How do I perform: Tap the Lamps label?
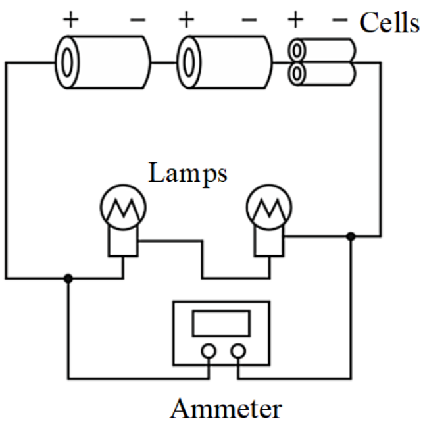coord(187,174)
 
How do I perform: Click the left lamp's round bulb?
coord(122,209)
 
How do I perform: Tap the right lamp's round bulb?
coord(266,209)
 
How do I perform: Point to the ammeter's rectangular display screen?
coord(220,324)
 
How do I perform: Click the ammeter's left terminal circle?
coord(208,352)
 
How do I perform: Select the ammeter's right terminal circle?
coord(237,352)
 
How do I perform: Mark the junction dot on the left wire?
coord(68,278)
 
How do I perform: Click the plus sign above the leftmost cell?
coord(70,19)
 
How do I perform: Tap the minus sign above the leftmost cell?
coord(138,20)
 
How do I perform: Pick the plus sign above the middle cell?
coord(186,19)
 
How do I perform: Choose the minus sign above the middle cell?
coord(250,20)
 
